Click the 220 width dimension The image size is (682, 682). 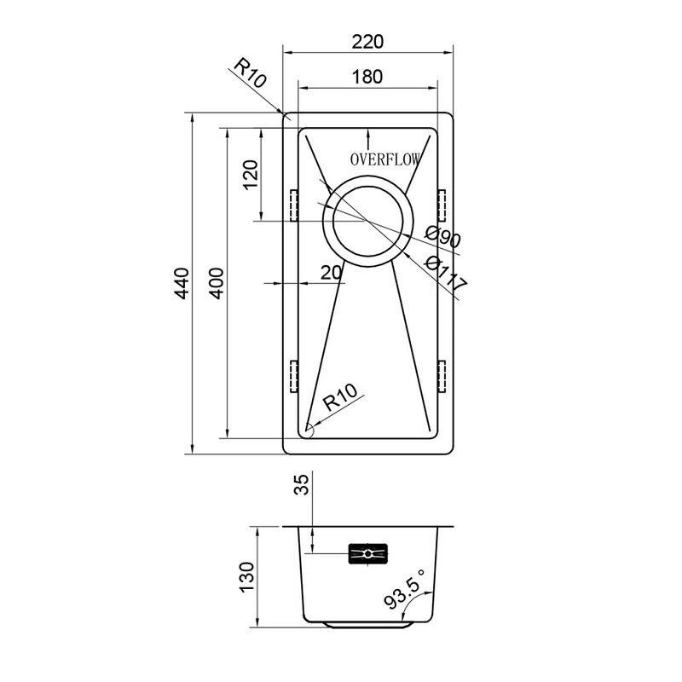pos(367,42)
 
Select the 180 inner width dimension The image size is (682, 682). pos(367,77)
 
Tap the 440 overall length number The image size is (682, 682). pos(182,283)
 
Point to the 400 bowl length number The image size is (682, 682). pos(217,283)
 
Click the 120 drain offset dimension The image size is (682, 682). pos(251,175)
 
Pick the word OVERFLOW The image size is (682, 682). pos(385,159)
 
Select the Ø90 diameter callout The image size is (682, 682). pos(442,237)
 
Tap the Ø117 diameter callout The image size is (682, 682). pos(445,274)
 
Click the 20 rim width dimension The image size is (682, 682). pos(331,273)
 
